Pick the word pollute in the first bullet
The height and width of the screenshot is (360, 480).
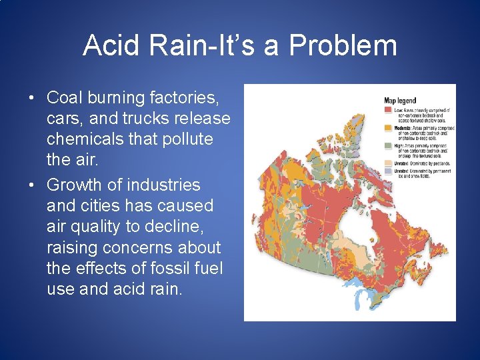coord(187,139)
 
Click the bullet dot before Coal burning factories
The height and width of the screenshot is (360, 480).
coord(32,99)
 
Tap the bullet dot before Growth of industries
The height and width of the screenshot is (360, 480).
coord(32,185)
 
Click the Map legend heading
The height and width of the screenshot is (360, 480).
coord(401,101)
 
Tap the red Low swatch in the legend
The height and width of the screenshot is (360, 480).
coord(388,109)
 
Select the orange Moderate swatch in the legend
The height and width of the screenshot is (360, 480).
coord(388,127)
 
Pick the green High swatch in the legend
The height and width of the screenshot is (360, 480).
coord(388,145)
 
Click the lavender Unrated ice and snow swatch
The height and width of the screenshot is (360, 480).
coord(388,171)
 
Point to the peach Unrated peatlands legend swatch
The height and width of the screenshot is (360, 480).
coord(388,163)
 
